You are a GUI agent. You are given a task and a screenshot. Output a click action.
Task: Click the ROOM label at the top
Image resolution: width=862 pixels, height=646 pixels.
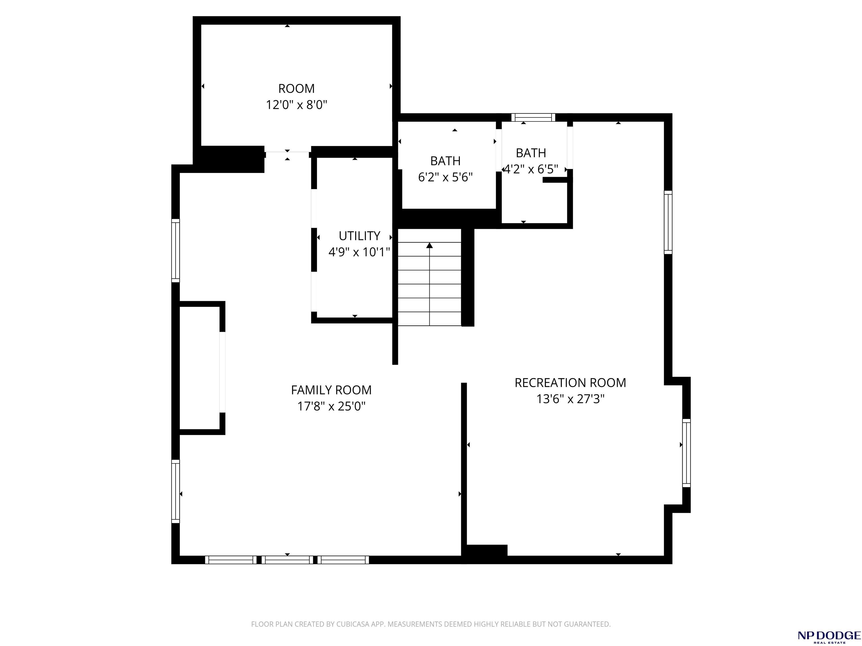[x=296, y=89]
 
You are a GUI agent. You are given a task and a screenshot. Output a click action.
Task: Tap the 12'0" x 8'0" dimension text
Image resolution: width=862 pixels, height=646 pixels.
[x=296, y=105]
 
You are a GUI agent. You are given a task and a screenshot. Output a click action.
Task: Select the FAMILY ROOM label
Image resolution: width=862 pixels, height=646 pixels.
[x=331, y=390]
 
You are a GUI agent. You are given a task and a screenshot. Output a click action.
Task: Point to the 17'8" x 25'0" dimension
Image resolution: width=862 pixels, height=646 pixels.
[x=331, y=407]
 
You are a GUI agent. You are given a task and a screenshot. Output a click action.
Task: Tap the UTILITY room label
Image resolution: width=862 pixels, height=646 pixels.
[x=359, y=236]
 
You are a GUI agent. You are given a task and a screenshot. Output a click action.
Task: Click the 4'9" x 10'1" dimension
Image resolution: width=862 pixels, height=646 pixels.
[x=359, y=252]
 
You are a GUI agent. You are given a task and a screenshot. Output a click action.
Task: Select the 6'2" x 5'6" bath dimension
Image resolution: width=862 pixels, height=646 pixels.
[x=445, y=177]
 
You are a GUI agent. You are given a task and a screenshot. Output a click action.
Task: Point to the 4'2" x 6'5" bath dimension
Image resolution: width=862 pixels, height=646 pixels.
[x=531, y=169]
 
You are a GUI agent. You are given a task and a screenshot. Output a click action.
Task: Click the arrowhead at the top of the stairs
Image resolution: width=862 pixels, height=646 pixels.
[x=429, y=245]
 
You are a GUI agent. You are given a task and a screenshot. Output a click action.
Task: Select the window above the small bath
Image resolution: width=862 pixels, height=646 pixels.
[x=533, y=117]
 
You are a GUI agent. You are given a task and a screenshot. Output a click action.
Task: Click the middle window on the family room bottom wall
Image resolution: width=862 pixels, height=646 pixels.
[x=287, y=560]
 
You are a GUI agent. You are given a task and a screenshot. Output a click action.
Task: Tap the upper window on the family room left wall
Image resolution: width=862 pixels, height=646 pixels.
[x=176, y=250]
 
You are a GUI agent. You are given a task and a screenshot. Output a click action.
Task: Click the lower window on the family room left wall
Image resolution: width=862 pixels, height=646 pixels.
[x=176, y=492]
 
